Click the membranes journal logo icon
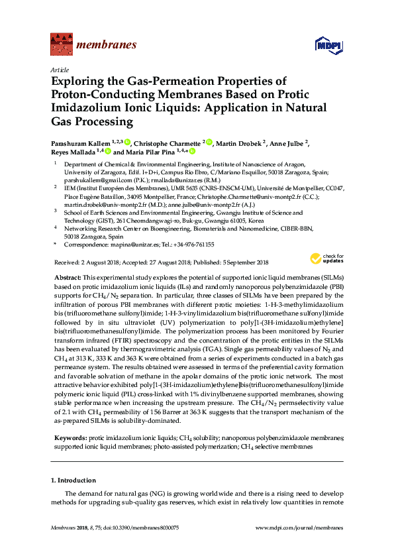(x=61, y=45)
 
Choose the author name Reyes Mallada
(x=72, y=152)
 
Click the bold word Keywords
(x=69, y=438)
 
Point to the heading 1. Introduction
(x=72, y=480)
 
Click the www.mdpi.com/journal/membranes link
(x=299, y=528)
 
